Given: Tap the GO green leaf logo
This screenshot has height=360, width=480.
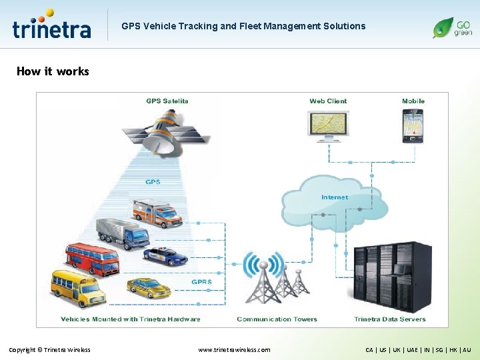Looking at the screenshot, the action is click(452, 27).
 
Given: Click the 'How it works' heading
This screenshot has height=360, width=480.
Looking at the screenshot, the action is click(53, 71).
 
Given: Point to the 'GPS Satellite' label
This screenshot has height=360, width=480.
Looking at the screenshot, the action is click(167, 101).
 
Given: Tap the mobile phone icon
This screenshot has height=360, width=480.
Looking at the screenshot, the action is click(413, 125).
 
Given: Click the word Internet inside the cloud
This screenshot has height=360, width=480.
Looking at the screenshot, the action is click(334, 197).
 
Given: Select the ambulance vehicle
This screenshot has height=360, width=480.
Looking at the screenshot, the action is click(157, 213).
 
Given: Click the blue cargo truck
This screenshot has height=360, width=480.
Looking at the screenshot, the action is click(123, 233).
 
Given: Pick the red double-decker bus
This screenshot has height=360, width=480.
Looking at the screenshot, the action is click(92, 259).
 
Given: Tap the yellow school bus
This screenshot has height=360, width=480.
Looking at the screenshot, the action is click(78, 287).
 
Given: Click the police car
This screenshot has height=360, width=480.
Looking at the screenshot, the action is click(165, 256).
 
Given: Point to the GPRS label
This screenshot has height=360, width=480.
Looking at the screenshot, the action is click(201, 282).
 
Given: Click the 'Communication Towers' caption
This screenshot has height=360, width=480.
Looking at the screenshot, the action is click(277, 319).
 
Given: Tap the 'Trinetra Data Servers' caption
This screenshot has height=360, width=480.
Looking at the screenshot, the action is click(389, 319).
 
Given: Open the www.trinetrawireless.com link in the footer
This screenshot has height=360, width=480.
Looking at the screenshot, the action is click(234, 349).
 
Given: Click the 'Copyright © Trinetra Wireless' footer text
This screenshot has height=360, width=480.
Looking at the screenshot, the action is click(49, 349).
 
